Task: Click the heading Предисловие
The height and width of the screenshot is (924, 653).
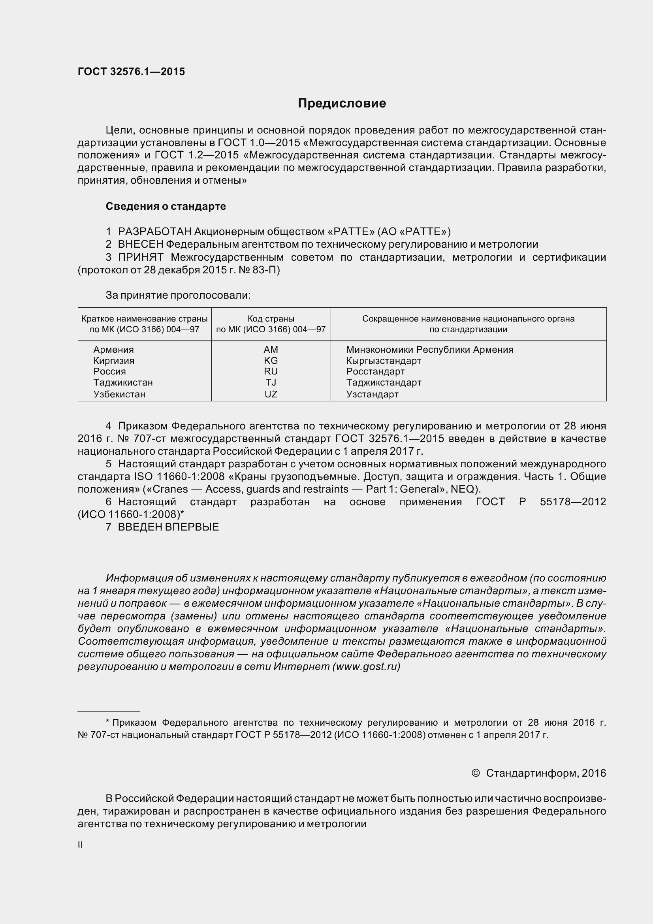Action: point(342,104)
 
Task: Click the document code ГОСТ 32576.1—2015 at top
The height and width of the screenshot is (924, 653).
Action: point(131,72)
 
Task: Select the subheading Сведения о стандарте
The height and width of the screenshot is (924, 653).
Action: point(166,207)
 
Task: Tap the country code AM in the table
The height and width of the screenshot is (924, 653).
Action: point(271,349)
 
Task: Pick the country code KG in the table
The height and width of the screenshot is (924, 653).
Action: point(271,360)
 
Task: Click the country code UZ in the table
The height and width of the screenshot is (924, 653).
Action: point(271,394)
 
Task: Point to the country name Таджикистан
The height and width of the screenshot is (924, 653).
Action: point(123,382)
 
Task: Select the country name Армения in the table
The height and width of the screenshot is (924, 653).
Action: point(113,349)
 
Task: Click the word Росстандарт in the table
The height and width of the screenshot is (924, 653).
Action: point(375,371)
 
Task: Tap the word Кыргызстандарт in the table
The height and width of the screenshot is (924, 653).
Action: point(384,360)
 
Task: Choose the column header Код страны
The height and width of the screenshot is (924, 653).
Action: point(271,319)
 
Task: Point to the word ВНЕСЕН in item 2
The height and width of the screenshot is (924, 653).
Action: point(140,244)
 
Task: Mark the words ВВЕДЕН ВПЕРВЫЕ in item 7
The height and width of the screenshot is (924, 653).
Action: point(168,527)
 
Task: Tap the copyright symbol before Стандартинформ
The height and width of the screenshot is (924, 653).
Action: point(475,773)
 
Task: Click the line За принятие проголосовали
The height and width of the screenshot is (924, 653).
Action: point(178,295)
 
